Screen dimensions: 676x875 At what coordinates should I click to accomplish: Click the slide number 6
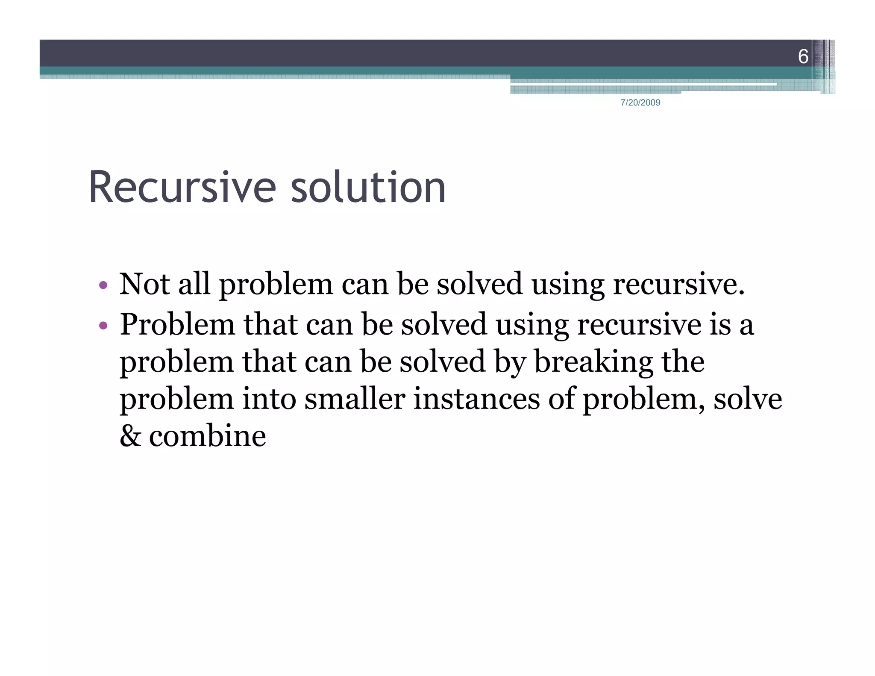tap(803, 56)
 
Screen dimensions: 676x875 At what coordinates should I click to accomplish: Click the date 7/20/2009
tap(640, 103)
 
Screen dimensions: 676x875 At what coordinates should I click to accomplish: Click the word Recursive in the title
tap(182, 188)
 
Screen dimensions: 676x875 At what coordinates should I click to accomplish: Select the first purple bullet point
tap(103, 285)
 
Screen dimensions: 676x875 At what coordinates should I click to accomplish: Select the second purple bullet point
tap(103, 326)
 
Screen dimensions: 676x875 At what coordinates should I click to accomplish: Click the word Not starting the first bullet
tap(144, 284)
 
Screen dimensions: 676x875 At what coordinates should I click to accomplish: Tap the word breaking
tap(593, 362)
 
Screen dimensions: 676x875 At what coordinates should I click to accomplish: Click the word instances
tap(476, 399)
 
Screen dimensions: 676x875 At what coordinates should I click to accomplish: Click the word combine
tap(208, 436)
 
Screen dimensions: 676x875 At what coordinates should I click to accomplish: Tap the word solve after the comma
tap(748, 399)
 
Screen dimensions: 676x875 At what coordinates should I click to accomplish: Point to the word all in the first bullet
tap(194, 284)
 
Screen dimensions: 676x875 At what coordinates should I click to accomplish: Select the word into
tap(269, 399)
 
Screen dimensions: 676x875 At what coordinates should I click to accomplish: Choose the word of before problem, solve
tap(561, 399)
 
